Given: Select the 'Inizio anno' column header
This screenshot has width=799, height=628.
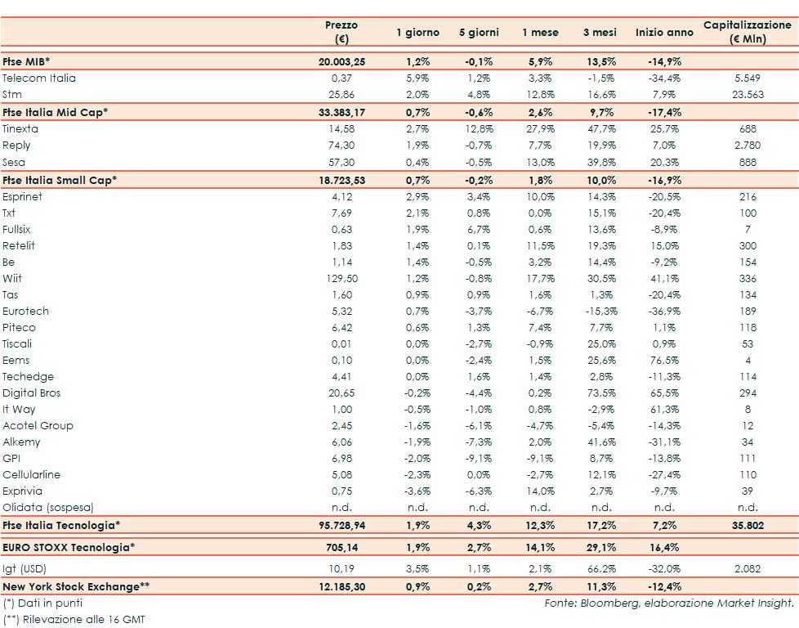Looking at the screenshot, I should tap(664, 33).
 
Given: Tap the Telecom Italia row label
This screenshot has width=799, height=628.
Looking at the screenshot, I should tap(39, 78).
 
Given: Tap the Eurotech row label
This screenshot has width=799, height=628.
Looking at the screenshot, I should tap(25, 311).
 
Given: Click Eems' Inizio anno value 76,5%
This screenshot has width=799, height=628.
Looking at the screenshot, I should tap(664, 360).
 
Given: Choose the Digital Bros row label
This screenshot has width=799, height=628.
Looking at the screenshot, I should tap(32, 392).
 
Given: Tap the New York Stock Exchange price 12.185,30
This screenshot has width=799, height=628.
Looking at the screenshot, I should tap(341, 585).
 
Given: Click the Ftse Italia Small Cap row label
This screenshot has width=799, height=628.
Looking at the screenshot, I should tap(60, 179).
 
